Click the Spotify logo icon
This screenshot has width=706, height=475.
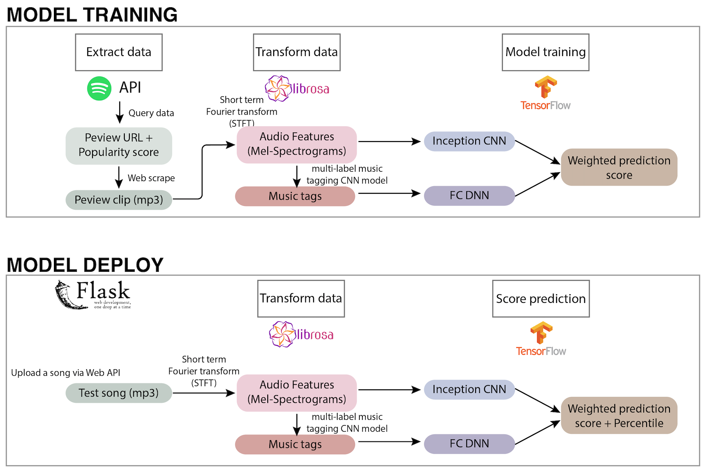point(99,88)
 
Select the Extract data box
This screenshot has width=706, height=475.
point(119,52)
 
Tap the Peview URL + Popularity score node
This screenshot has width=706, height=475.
point(119,145)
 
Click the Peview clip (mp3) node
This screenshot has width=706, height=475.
point(119,200)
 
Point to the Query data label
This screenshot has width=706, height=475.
point(151,113)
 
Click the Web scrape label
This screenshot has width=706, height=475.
point(151,178)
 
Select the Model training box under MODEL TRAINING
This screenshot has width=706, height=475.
point(545,52)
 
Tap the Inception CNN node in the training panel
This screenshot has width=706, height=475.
point(469,141)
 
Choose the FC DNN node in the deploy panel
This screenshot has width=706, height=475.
point(469,444)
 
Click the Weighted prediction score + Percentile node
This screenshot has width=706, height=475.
point(619,416)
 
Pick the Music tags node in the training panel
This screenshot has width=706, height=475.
point(295,196)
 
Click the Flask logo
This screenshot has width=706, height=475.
point(93,294)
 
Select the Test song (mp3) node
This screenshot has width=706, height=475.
point(119,393)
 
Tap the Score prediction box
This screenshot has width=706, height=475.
point(541,299)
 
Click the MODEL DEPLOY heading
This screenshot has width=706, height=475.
point(85,265)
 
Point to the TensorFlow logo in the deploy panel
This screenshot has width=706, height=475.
point(541,339)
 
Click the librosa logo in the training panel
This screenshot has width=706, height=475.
point(297,88)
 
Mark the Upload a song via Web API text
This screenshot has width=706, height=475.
point(66,373)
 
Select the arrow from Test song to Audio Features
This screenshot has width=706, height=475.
point(204,393)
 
